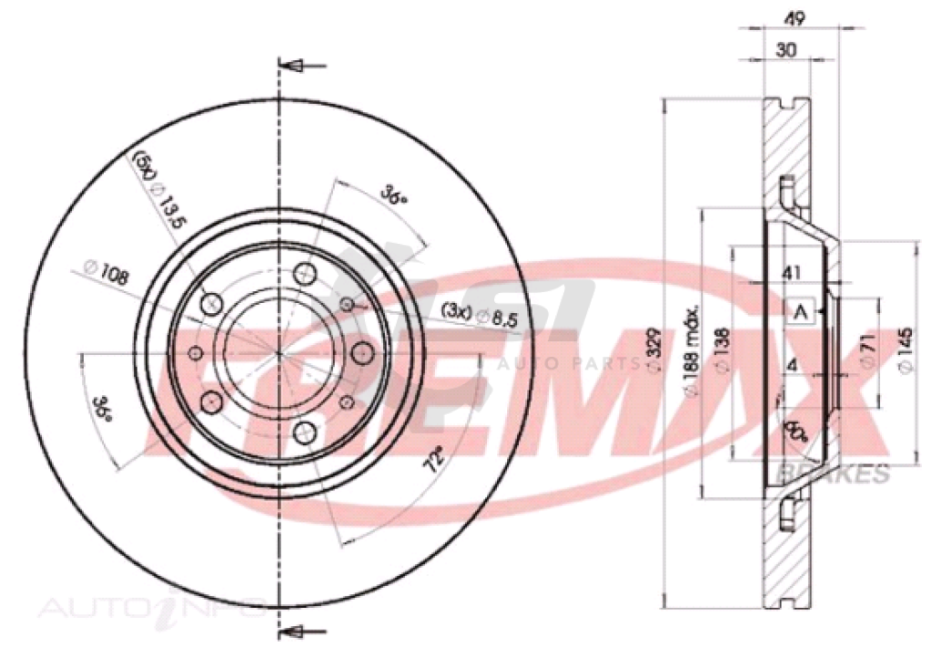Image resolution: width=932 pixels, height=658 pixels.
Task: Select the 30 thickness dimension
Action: (788, 51)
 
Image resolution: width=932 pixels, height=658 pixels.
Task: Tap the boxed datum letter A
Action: (801, 313)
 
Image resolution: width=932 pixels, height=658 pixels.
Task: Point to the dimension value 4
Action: (792, 366)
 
